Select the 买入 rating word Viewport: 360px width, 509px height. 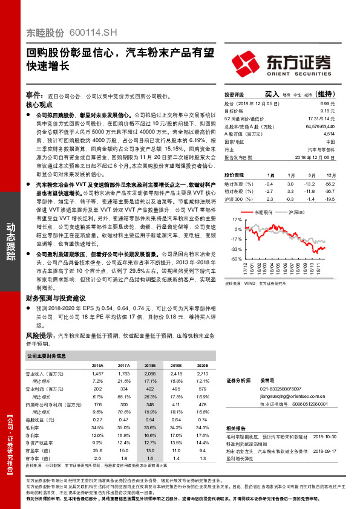(272, 94)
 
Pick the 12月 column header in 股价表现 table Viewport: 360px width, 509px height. (330, 173)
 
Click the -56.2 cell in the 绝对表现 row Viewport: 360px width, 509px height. (329, 183)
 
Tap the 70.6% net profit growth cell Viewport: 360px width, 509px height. (124, 411)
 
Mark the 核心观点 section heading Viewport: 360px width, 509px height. (39, 105)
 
